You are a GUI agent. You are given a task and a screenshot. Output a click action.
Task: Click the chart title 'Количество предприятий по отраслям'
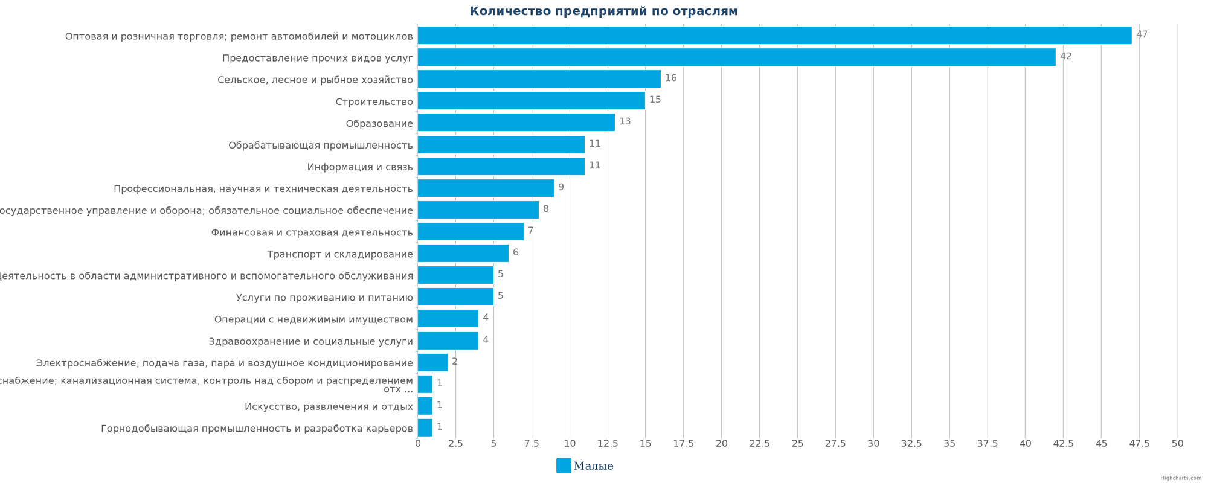click(603, 11)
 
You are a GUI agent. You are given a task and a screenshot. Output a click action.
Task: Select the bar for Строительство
click(531, 101)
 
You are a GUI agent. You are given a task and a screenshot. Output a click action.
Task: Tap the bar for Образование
click(516, 123)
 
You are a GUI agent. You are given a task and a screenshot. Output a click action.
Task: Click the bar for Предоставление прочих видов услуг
click(736, 57)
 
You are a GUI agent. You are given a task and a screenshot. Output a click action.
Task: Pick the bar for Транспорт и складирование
click(463, 254)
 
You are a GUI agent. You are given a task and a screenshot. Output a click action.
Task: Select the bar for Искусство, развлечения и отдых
click(425, 406)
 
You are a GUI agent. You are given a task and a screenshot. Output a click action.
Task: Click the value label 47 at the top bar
click(1142, 34)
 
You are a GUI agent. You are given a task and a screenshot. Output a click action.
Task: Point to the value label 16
click(670, 78)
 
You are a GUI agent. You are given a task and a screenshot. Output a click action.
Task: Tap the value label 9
click(561, 187)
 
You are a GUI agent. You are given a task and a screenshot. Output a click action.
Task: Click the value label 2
click(454, 362)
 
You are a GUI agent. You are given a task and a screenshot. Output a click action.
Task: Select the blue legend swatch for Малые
click(564, 465)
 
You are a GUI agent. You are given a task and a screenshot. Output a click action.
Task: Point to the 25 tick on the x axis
click(797, 444)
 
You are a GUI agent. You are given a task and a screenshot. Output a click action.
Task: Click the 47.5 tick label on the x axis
click(1139, 444)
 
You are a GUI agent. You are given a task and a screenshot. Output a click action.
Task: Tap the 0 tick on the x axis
click(417, 444)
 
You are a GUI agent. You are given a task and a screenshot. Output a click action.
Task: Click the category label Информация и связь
click(360, 167)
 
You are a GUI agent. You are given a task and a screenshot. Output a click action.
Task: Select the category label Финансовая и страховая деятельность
click(312, 232)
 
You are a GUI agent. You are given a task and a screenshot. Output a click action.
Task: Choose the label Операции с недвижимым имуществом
click(313, 319)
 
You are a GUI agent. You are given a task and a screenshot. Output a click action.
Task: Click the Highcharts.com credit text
click(1181, 478)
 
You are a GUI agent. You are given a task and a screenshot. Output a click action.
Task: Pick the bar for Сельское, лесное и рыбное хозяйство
click(539, 79)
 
